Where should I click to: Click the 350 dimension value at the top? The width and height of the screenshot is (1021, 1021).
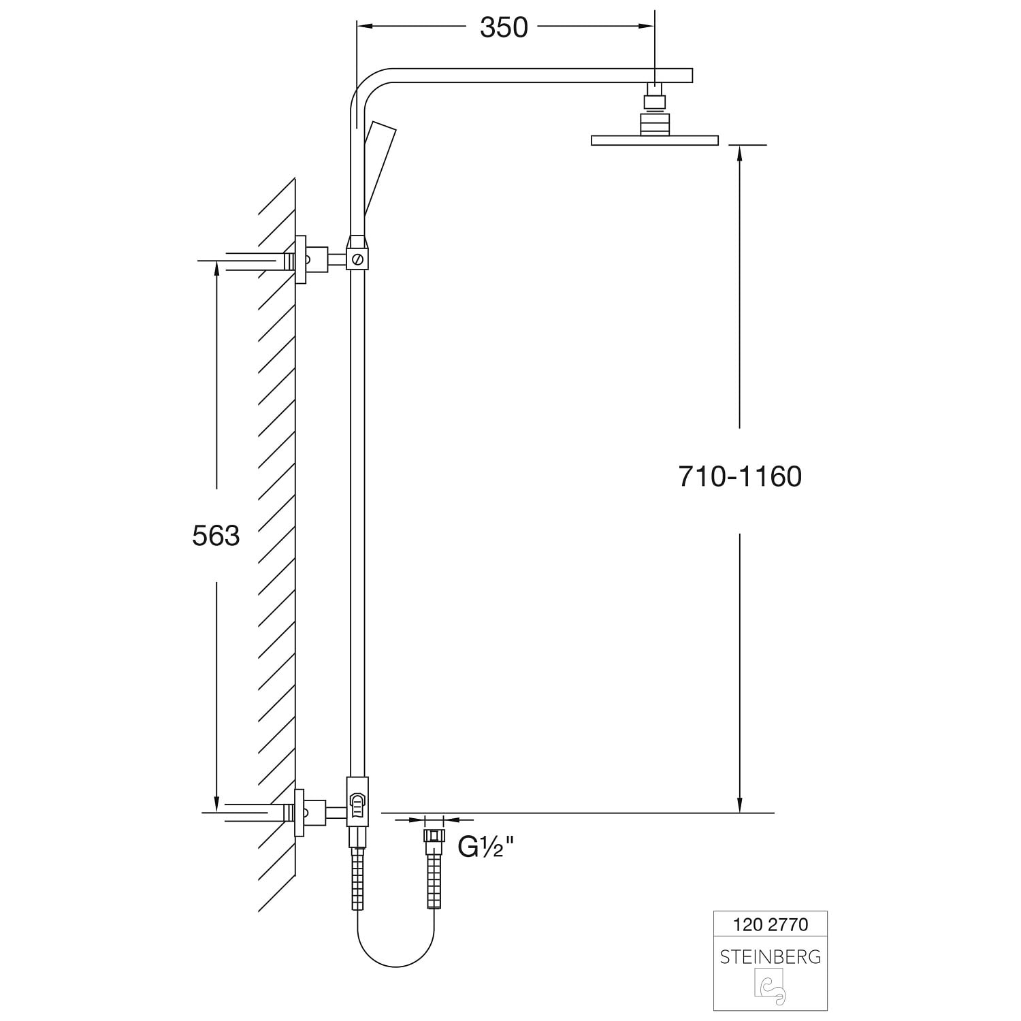tap(504, 27)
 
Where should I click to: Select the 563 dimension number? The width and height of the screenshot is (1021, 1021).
tap(216, 536)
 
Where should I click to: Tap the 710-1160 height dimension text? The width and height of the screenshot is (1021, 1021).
tap(740, 476)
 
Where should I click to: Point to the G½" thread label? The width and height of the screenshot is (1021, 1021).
tap(485, 847)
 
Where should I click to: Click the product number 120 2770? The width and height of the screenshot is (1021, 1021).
tap(770, 924)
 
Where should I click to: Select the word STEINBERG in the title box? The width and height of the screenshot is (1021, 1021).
tap(770, 956)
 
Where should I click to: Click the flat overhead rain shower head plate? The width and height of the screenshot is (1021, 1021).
tap(655, 140)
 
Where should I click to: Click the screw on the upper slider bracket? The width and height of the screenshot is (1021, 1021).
tap(358, 259)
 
